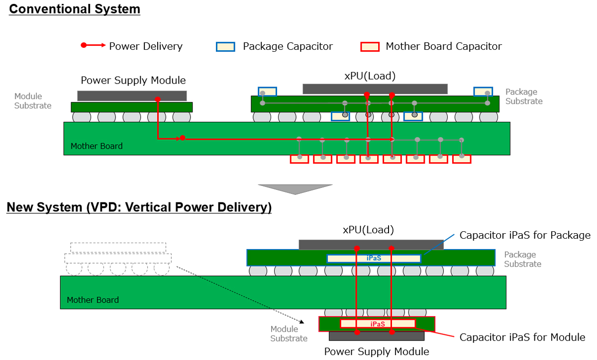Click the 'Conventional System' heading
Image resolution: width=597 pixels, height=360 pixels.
pos(75,9)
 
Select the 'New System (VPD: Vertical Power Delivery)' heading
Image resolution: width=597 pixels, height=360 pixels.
pos(139,207)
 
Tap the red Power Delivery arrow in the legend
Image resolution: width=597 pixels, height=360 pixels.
pos(93,46)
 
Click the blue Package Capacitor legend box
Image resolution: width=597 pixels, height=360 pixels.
pos(225,47)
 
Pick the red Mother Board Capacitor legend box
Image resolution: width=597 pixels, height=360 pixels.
pos(369,47)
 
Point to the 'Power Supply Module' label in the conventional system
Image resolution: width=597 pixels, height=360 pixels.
pos(133,80)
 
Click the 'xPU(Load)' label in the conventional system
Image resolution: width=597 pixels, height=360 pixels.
pos(370,76)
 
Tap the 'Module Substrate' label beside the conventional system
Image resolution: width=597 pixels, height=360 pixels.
pos(32,101)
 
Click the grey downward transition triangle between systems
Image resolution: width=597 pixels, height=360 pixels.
pos(295,189)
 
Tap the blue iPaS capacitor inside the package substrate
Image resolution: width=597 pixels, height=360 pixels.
pos(374,259)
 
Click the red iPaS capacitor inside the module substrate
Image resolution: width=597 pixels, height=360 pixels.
pos(378,324)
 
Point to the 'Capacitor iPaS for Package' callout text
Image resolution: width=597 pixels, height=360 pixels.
pos(525,235)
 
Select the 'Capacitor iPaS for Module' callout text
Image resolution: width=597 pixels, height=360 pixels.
pos(522,337)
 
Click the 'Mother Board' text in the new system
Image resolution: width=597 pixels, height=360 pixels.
pos(93,300)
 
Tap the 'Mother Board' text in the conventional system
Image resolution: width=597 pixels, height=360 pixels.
pos(97,146)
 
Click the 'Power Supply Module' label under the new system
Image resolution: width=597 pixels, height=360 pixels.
pos(377,352)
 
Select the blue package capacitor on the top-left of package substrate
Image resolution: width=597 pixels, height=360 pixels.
pos(267,91)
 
